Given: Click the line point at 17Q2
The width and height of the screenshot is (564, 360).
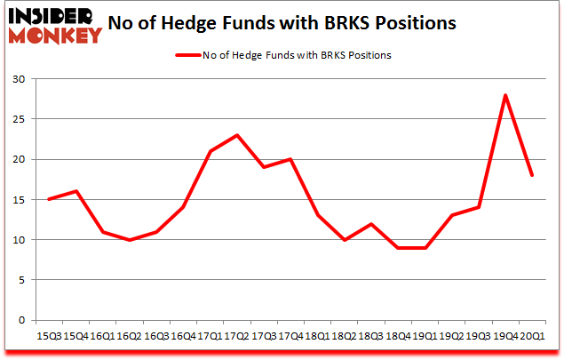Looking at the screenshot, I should [237, 135].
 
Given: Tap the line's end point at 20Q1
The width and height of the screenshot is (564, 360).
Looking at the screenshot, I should [532, 175].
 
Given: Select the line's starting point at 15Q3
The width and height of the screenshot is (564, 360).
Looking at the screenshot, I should [48, 199].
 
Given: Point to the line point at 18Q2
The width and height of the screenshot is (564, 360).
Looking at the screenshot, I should [344, 240].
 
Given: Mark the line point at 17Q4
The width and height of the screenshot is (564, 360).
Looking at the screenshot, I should [290, 159].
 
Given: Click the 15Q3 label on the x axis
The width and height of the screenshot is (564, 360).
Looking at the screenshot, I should [48, 335].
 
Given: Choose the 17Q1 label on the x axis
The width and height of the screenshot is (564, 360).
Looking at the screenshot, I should [210, 335].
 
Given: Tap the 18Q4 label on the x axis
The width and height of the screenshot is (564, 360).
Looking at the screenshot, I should [397, 335].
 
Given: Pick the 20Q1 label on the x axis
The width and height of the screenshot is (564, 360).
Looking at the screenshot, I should [532, 335].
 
